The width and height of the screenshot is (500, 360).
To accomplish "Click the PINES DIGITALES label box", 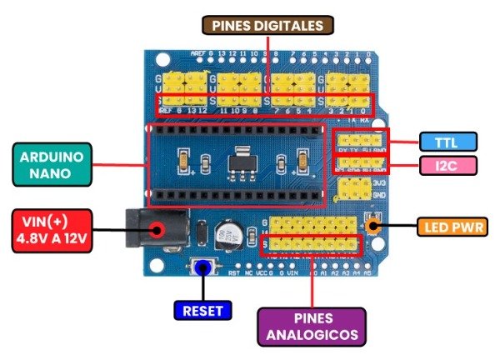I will click(268, 27).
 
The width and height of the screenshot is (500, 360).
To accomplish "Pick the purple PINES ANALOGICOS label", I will click(312, 327).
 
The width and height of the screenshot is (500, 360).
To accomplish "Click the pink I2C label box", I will click(448, 166).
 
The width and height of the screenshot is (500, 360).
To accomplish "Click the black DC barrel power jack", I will click(154, 229).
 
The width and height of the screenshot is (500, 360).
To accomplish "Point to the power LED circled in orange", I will click(373, 224).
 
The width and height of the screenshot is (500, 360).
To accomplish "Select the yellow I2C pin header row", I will click(361, 162).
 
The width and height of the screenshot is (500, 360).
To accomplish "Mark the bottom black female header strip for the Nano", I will click(235, 195).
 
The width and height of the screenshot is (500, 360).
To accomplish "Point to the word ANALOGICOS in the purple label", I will click(312, 336).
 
